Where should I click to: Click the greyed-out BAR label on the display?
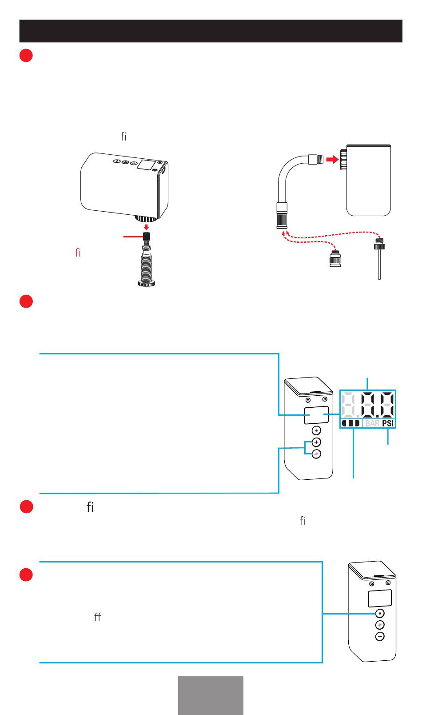(x=372, y=423)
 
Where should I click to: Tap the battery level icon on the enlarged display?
(x=350, y=423)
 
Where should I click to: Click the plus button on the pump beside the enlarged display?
(x=316, y=442)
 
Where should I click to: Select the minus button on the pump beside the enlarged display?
(x=316, y=454)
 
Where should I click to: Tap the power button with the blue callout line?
(x=380, y=613)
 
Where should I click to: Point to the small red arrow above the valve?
(x=146, y=227)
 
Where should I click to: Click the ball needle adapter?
(x=379, y=258)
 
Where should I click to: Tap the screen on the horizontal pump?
(x=145, y=165)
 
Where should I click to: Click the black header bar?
(x=211, y=31)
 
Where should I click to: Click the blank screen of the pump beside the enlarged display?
(x=316, y=415)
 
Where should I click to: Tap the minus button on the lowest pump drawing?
(x=380, y=637)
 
